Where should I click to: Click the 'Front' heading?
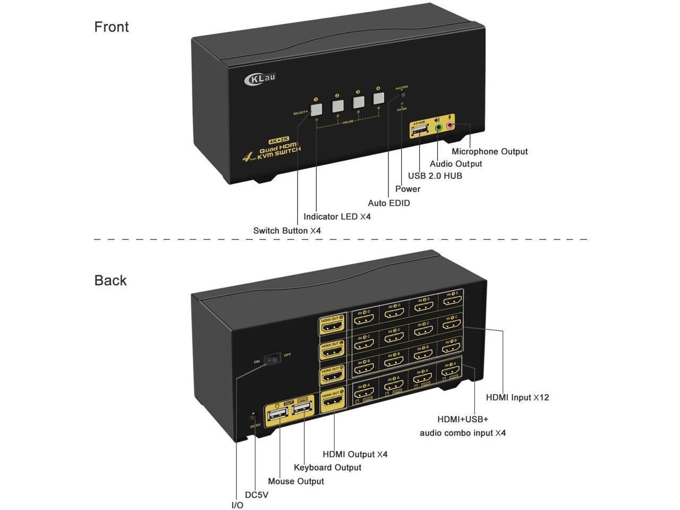pos(112,27)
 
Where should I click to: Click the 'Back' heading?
pos(110,280)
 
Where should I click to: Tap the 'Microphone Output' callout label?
pos(489,151)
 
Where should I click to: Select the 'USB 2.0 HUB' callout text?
pos(435,176)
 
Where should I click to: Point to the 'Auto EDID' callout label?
pos(389,203)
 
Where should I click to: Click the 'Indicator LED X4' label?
pos(337,217)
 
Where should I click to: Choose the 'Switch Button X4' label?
pos(287,231)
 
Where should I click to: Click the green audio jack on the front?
pos(438,127)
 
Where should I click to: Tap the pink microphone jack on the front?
pos(450,126)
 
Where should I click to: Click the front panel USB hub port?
pos(419,130)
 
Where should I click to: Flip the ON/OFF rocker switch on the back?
pos(273,360)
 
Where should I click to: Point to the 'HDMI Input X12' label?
pos(517,397)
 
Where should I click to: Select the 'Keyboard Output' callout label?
pos(327,467)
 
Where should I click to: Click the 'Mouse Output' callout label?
pos(296,481)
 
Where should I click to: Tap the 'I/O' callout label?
pos(237,505)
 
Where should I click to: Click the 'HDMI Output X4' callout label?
pos(355,454)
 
